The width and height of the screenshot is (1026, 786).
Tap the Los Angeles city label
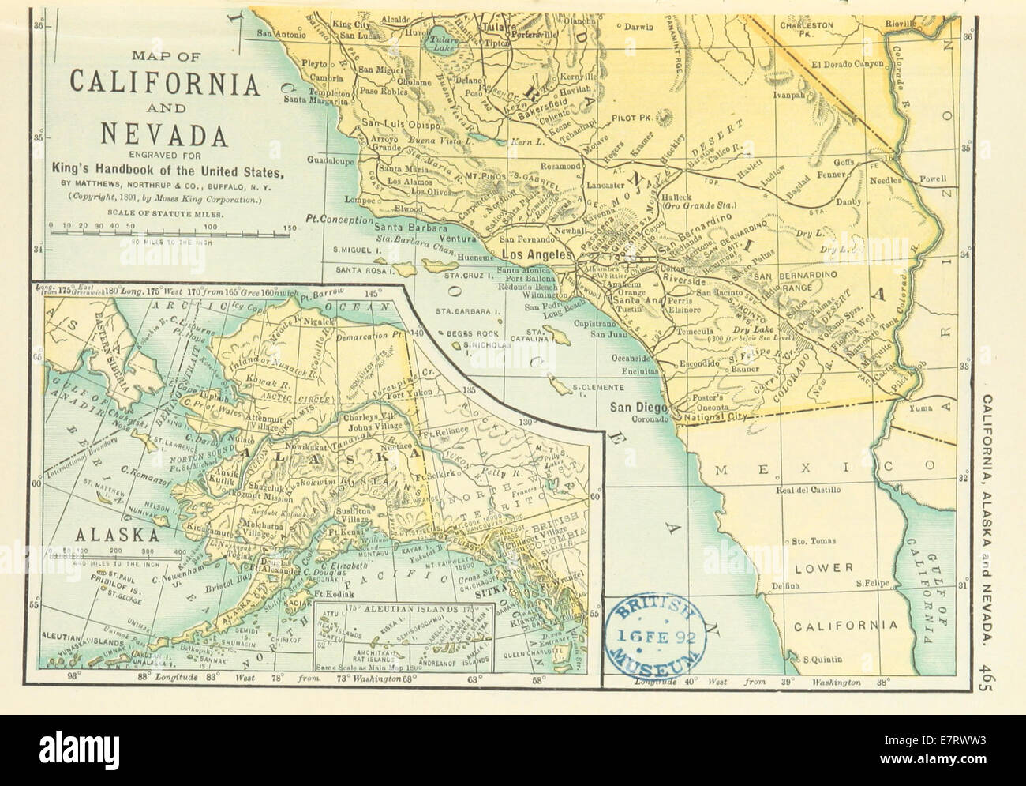point(537,255)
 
